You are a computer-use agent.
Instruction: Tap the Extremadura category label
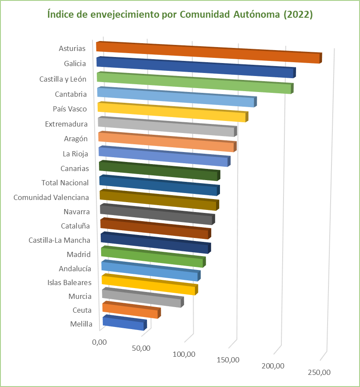coord(66,124)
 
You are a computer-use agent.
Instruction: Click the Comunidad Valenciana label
coord(51,197)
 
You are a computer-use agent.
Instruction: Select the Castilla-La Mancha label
coord(59,240)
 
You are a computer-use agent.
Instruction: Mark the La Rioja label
coord(75,153)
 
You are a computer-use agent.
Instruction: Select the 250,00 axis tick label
coord(319,372)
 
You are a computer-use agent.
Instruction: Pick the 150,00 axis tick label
coord(228,359)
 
